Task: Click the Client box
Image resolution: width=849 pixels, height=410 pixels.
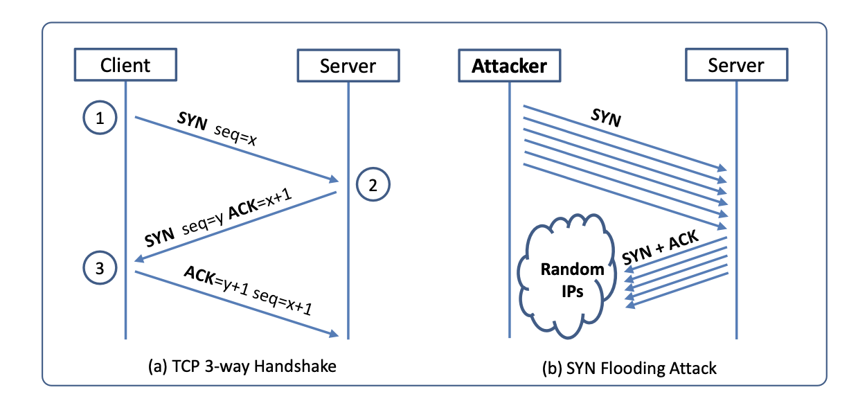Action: (125, 66)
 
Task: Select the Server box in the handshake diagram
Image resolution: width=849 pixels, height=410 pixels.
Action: (348, 66)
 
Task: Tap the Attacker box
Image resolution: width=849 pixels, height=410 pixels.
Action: (509, 66)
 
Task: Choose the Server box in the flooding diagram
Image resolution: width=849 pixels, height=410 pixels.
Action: (735, 66)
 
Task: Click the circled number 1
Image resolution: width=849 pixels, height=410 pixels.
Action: (100, 119)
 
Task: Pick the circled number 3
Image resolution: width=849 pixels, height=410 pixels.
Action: (100, 269)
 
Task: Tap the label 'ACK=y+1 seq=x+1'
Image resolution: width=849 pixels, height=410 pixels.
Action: (247, 289)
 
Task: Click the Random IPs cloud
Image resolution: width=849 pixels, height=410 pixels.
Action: (562, 280)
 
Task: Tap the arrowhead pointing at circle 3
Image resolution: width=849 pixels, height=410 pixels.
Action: (139, 260)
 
